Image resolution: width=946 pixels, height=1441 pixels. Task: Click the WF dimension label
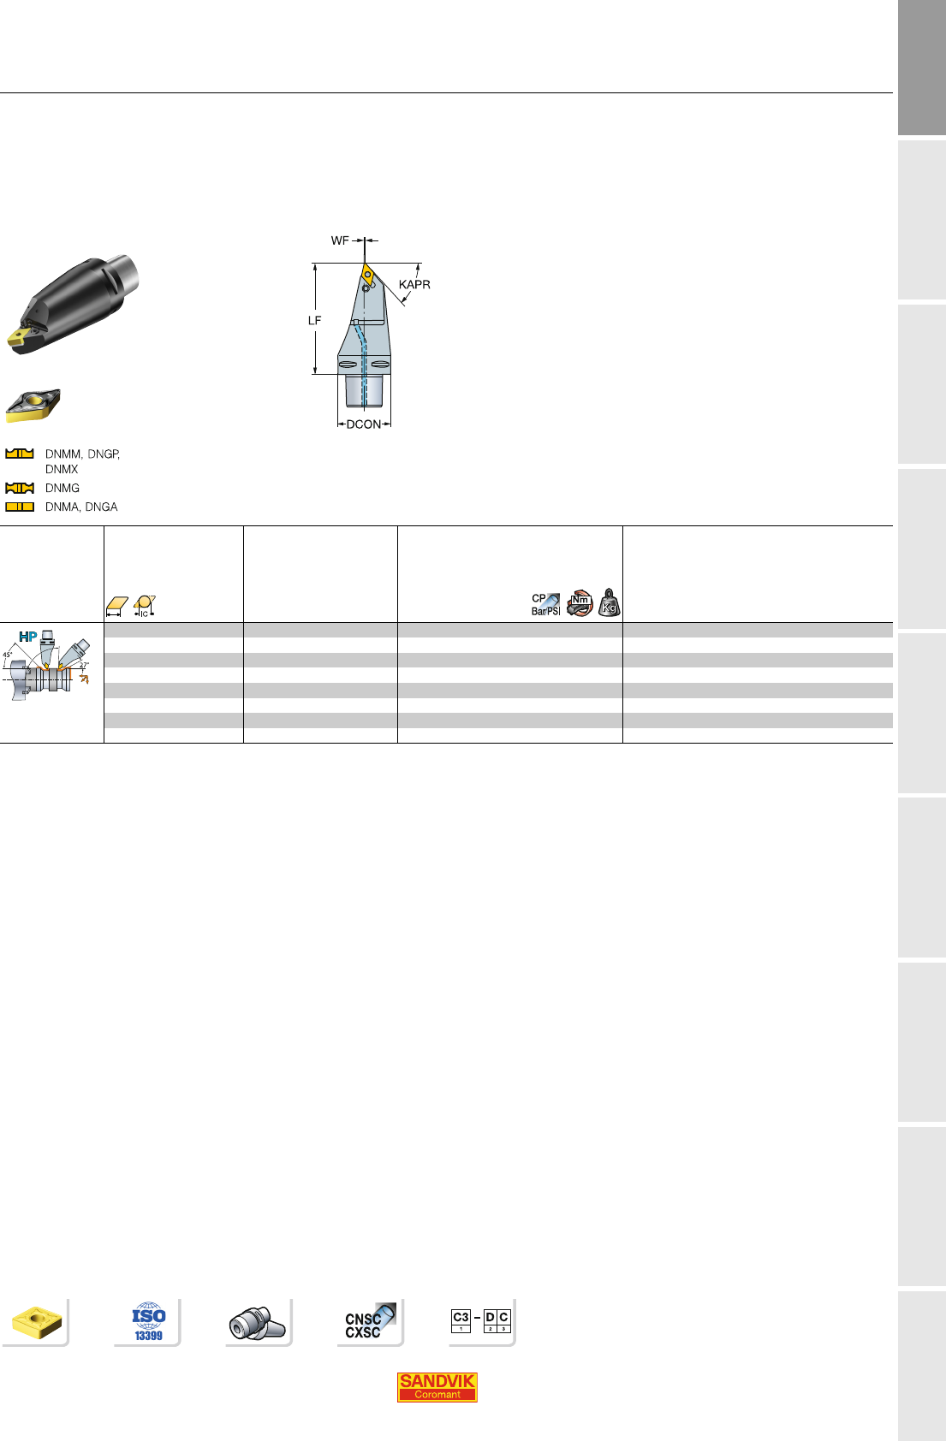(x=340, y=240)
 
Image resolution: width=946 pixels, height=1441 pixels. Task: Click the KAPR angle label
(x=414, y=284)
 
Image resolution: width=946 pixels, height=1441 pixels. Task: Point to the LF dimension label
(x=314, y=320)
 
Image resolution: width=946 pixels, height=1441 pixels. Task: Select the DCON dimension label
(x=364, y=424)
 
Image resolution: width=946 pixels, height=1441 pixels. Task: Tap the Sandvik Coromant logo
(x=437, y=1387)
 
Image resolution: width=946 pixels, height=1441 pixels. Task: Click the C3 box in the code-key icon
(x=461, y=1320)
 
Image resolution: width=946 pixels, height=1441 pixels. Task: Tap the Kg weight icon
(x=609, y=602)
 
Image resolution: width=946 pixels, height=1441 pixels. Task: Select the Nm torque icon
(x=580, y=602)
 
